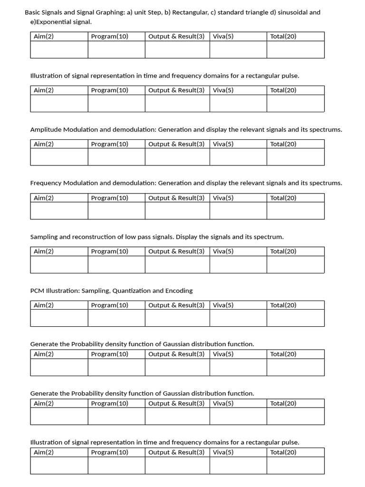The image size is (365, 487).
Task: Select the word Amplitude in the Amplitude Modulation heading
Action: point(46,129)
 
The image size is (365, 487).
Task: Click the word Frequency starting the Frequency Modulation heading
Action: point(46,183)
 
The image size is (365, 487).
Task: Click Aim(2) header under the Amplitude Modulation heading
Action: point(44,144)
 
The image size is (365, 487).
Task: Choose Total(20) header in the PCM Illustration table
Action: point(283,305)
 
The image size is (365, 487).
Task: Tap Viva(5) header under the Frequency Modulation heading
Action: point(223,198)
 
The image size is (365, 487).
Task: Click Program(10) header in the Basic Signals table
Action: point(109,36)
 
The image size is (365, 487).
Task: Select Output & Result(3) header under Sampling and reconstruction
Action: point(176,252)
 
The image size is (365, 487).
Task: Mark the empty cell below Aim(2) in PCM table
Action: point(59,318)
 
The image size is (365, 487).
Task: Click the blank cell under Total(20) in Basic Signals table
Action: point(295,49)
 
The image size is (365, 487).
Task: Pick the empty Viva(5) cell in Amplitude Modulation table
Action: point(238,157)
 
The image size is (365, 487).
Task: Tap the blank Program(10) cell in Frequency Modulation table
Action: point(116,211)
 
